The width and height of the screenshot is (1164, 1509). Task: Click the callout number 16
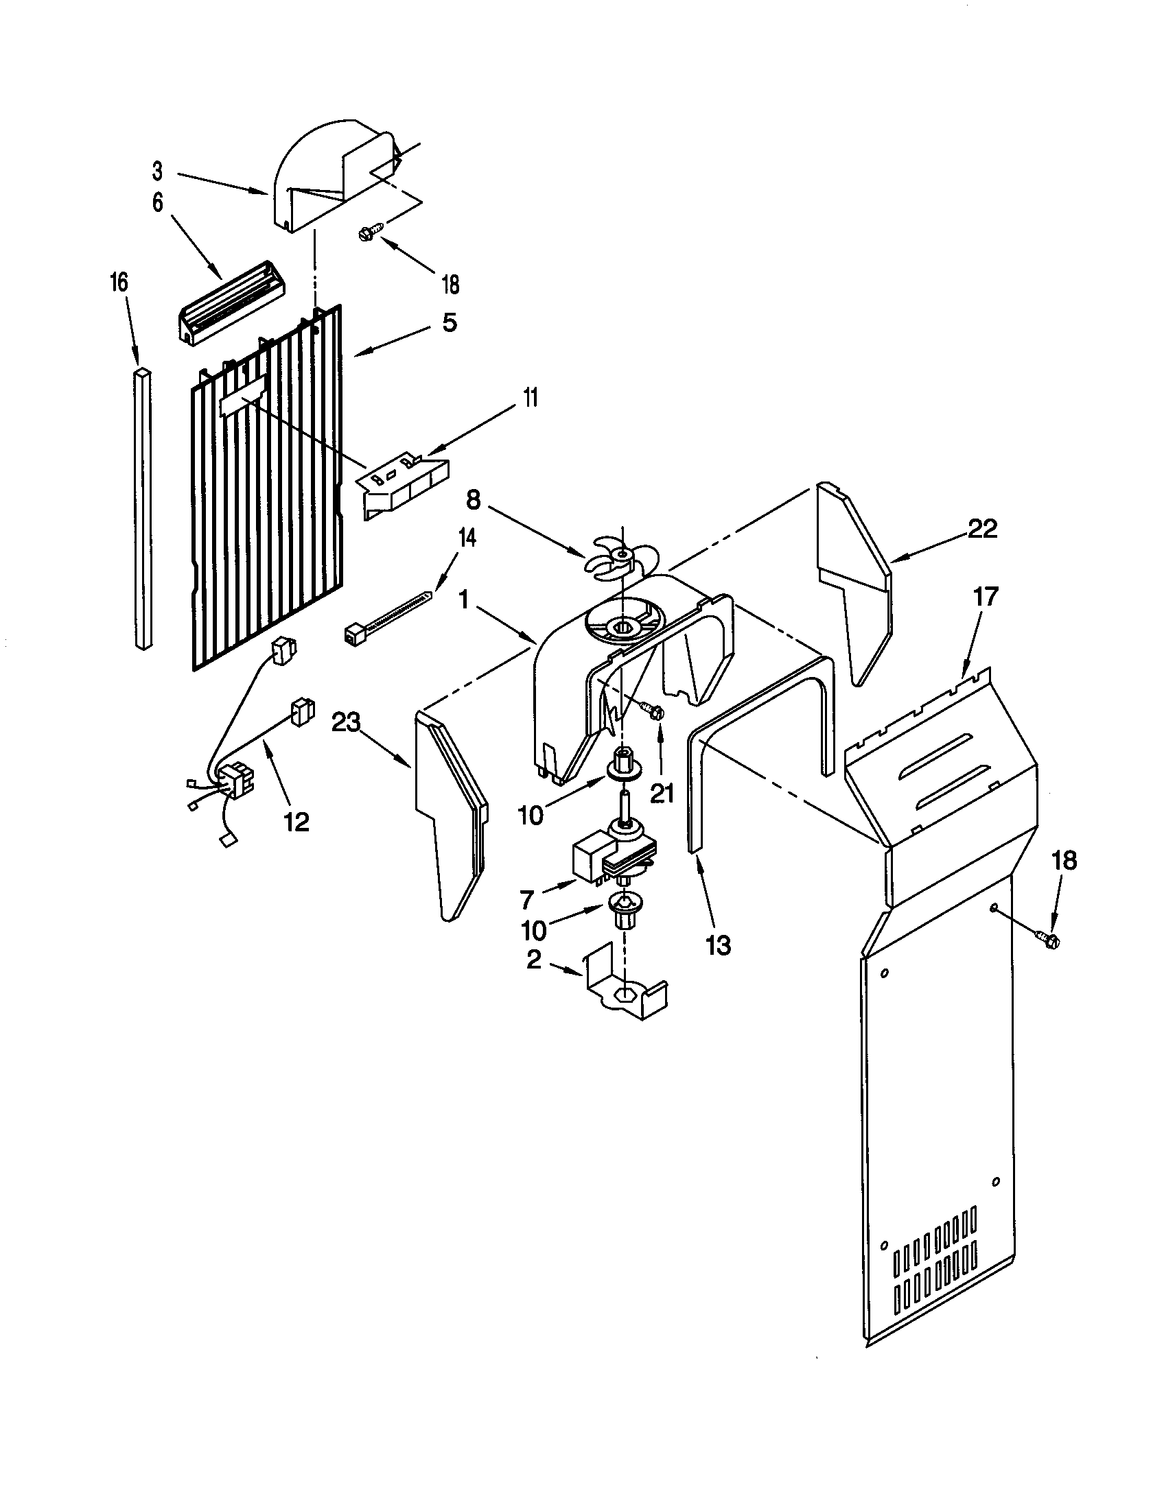pyautogui.click(x=119, y=283)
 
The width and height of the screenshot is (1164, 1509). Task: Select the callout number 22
pyautogui.click(x=982, y=530)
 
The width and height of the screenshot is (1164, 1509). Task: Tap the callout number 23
pyautogui.click(x=347, y=723)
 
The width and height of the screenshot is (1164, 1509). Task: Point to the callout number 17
pyautogui.click(x=986, y=596)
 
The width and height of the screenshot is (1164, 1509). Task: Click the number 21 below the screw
pyautogui.click(x=662, y=794)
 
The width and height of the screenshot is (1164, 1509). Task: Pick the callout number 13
pyautogui.click(x=719, y=945)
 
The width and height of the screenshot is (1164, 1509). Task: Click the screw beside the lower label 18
pyautogui.click(x=1047, y=939)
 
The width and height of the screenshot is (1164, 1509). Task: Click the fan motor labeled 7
pyautogui.click(x=612, y=857)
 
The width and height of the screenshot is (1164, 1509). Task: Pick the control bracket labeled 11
pyautogui.click(x=403, y=484)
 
